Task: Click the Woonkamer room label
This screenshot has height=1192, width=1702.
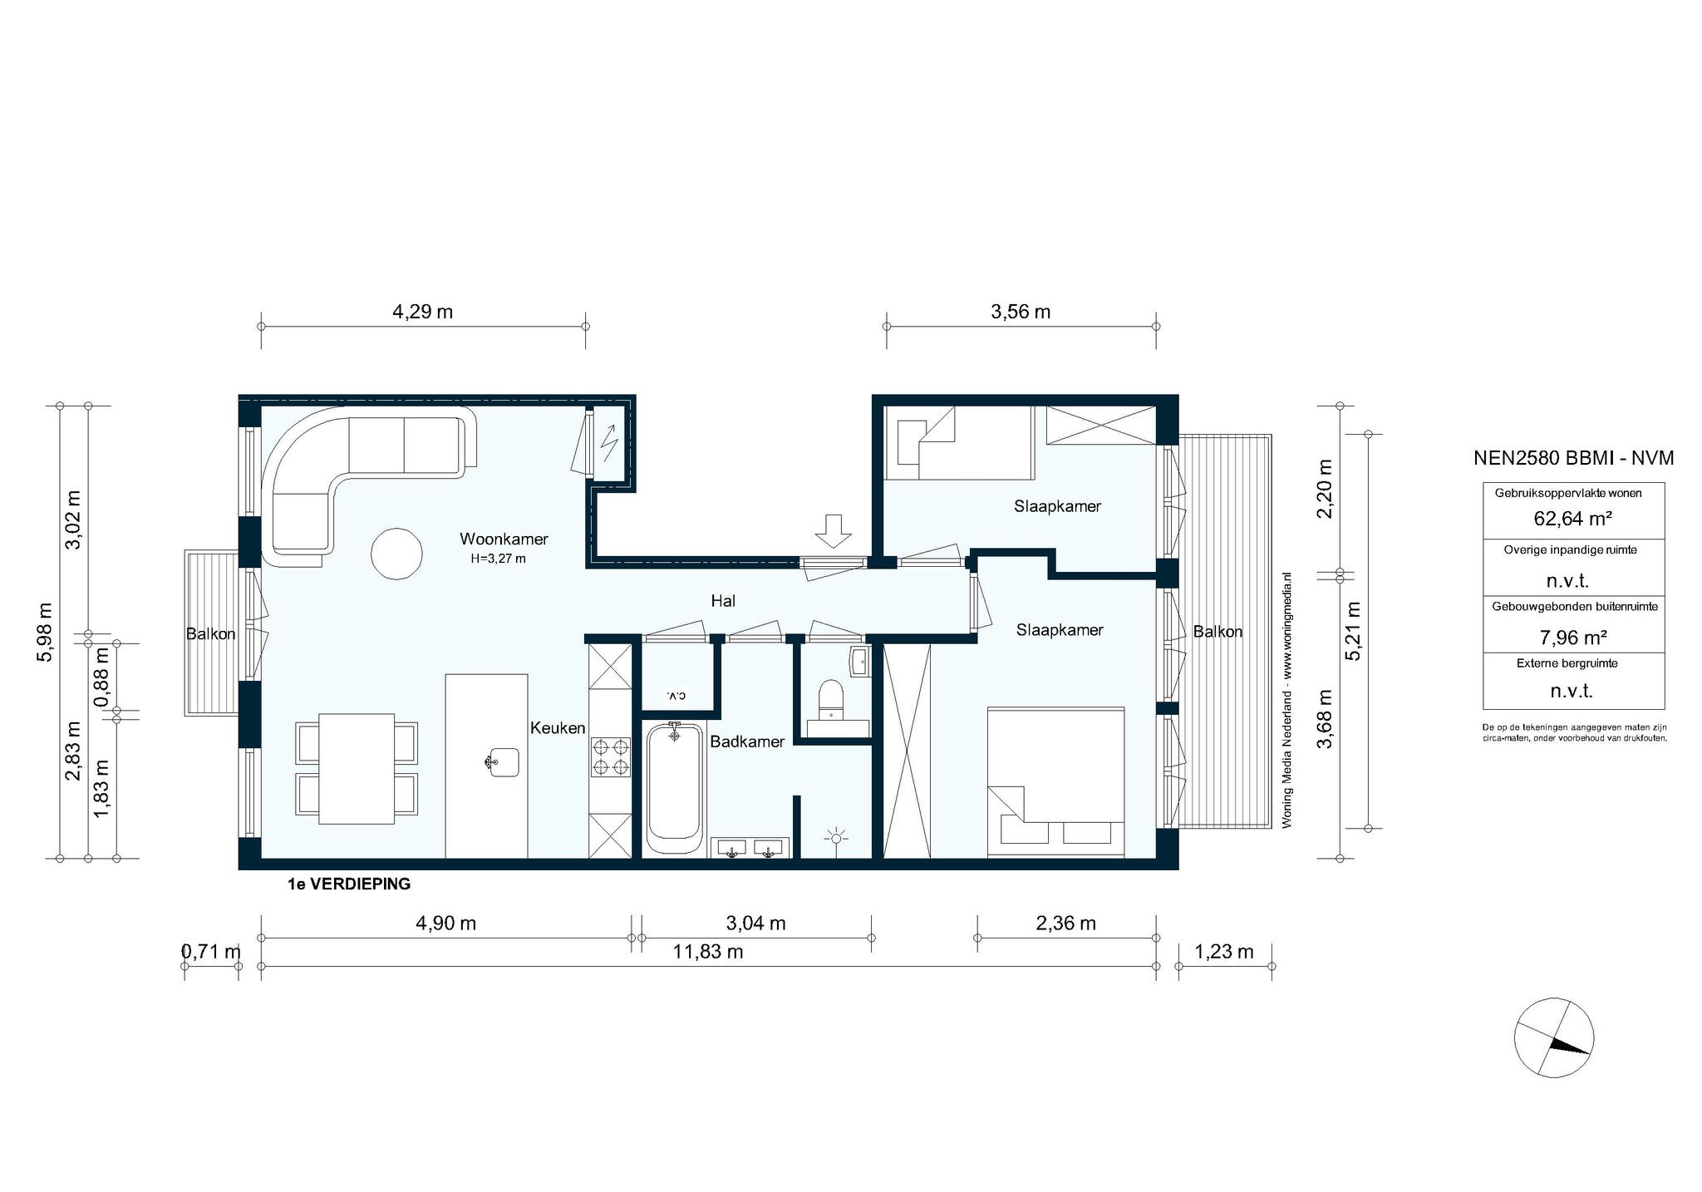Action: (504, 539)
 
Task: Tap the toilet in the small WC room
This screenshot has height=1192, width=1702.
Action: (830, 698)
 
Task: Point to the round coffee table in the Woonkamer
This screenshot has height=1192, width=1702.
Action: (396, 554)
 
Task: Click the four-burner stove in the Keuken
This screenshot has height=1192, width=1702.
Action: (609, 756)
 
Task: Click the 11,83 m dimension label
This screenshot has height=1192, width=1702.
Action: (708, 952)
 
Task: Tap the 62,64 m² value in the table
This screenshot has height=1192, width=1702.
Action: (1573, 519)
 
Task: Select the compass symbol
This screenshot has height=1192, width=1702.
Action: (1553, 1037)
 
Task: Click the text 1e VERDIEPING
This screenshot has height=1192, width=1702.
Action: (349, 884)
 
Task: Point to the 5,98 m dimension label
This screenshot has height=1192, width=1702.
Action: (45, 632)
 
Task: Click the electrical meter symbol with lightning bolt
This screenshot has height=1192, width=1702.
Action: (609, 442)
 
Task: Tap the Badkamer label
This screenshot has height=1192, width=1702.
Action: (747, 741)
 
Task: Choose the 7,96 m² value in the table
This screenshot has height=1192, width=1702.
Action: (1573, 638)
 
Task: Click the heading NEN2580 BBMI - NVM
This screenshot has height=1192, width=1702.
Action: (1573, 457)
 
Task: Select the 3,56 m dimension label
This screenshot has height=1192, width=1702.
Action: (1021, 312)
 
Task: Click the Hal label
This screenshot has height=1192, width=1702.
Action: (723, 600)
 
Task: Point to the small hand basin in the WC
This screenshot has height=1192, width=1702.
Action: (858, 662)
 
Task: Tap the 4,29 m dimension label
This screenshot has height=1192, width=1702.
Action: (422, 312)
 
